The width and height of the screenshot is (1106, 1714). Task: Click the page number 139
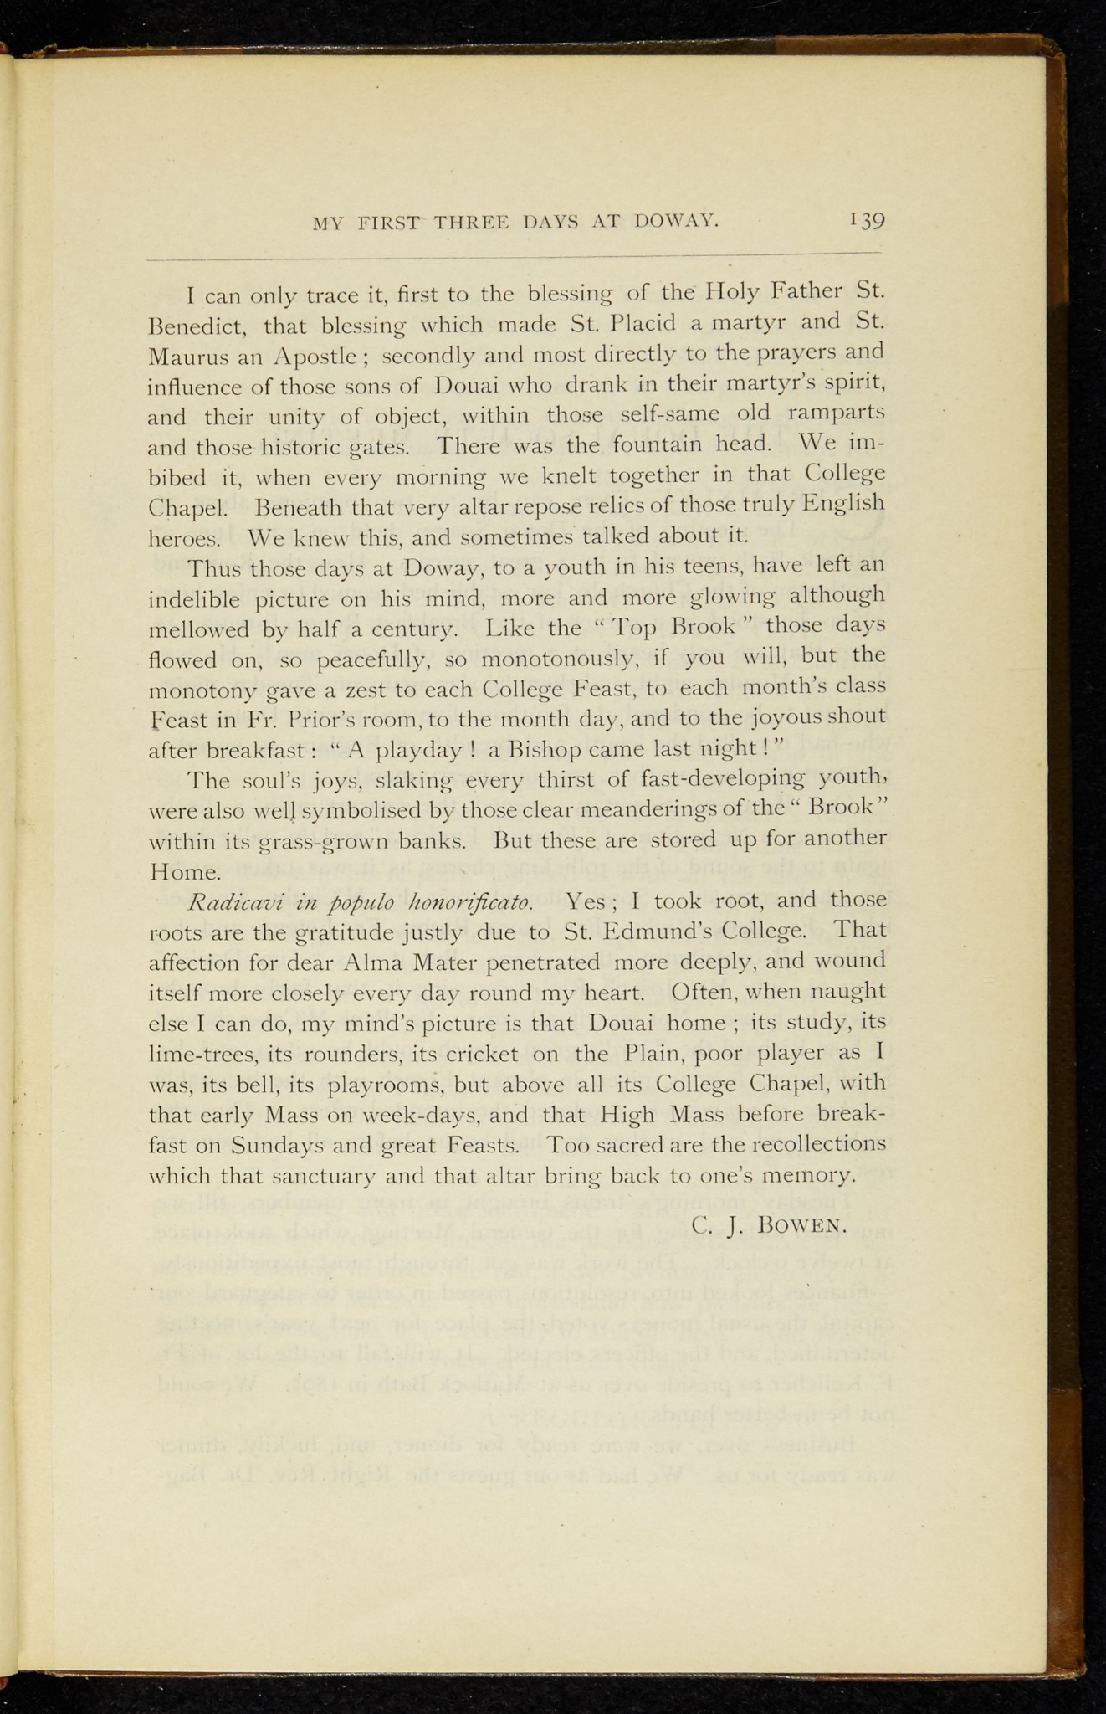pyautogui.click(x=868, y=221)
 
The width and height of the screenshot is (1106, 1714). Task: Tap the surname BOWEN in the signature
pyautogui.click(x=803, y=1226)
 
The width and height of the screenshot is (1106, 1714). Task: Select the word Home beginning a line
pyautogui.click(x=185, y=872)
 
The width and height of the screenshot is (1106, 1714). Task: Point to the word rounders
pyautogui.click(x=339, y=1054)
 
